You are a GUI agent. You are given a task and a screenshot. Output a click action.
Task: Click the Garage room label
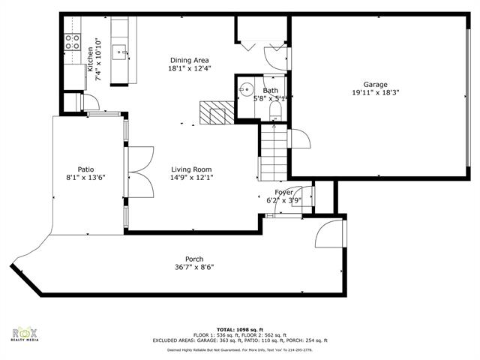pyautogui.click(x=376, y=84)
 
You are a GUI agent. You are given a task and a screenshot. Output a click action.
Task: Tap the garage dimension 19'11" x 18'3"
pyautogui.click(x=376, y=93)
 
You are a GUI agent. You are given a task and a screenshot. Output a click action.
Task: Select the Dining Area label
pyautogui.click(x=189, y=60)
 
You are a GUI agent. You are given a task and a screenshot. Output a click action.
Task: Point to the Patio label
pyautogui.click(x=85, y=169)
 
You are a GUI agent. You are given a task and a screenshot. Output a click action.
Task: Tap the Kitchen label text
pyautogui.click(x=89, y=58)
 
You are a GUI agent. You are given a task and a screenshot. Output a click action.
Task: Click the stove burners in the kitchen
pyautogui.click(x=73, y=42)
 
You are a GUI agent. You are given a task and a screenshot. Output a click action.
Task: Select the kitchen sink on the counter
pyautogui.click(x=120, y=52)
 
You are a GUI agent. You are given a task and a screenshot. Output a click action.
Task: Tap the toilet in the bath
pyautogui.click(x=274, y=111)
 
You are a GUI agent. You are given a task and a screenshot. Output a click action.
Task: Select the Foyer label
pyautogui.click(x=273, y=193)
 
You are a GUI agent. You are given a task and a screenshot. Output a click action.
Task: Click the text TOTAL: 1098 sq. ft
pyautogui.click(x=240, y=329)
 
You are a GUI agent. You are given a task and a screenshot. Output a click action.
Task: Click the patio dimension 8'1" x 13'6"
pyautogui.click(x=85, y=178)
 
